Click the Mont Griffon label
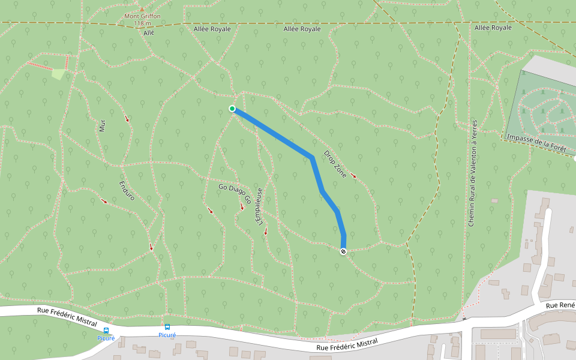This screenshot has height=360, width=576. [142, 16]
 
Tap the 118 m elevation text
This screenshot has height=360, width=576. [142, 23]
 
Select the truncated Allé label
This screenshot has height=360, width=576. [149, 33]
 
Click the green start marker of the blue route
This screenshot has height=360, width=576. [232, 109]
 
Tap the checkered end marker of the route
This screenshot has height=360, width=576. [343, 251]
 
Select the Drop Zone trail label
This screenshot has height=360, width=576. [335, 163]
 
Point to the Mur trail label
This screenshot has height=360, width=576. [102, 125]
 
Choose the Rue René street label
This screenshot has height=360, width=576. [560, 306]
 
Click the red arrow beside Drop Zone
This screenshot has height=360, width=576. [353, 176]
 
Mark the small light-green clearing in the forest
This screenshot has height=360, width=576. [58, 74]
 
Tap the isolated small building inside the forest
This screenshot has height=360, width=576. [494, 200]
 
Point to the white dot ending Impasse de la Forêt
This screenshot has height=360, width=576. [575, 158]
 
